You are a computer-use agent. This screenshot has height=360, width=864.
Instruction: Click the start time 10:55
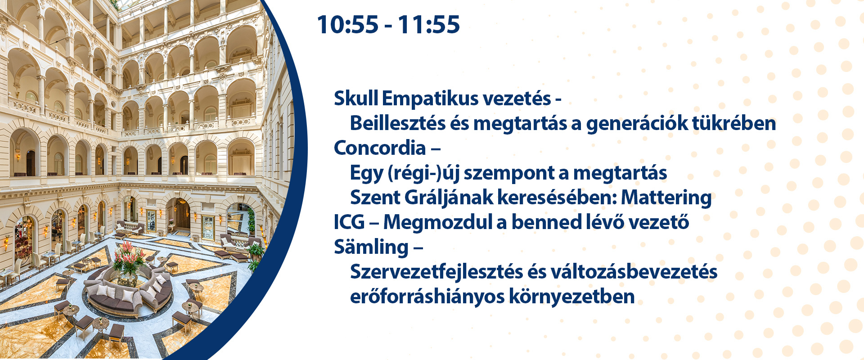(347, 24)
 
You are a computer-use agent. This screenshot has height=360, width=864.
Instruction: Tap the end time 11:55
(429, 24)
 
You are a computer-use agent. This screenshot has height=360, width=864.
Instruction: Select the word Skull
(356, 98)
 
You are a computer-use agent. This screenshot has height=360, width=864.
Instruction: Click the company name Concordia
(380, 148)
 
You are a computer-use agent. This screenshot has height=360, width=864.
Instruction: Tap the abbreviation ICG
(349, 222)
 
